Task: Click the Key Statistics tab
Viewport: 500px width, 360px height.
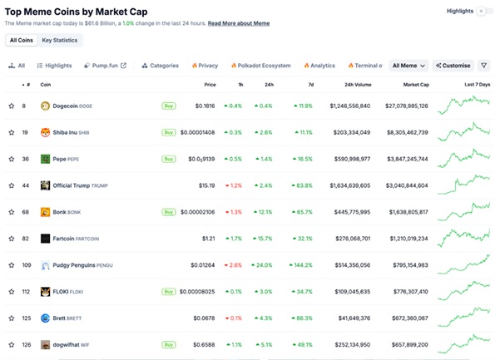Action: (60, 40)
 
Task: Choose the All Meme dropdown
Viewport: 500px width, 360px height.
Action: (408, 65)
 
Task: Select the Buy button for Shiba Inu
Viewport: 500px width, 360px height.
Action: (168, 132)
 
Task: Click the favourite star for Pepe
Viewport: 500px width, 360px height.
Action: (12, 159)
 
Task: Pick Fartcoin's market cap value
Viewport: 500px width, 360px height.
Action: (407, 239)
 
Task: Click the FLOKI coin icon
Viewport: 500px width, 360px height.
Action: (45, 292)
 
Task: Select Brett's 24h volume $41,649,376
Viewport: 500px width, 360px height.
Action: (349, 318)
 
